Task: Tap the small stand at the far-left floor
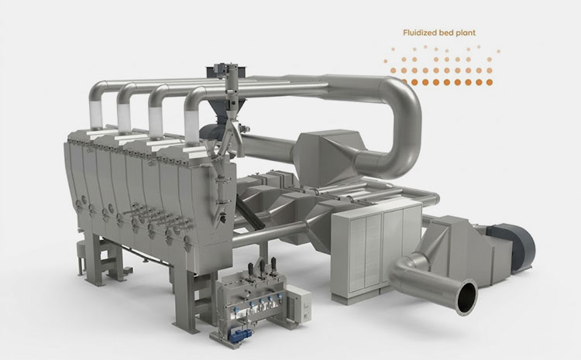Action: (78, 251)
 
